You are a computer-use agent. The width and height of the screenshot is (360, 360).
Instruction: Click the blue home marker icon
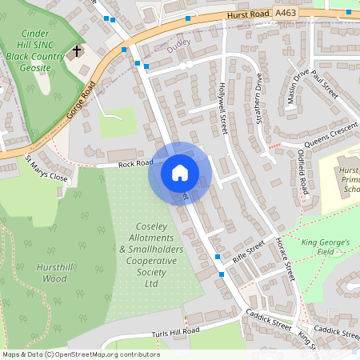click(179, 172)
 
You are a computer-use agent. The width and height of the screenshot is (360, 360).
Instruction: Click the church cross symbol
click(77, 52)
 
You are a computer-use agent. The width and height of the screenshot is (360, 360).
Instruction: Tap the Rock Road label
click(135, 163)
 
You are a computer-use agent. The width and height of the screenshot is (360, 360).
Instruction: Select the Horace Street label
click(284, 257)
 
